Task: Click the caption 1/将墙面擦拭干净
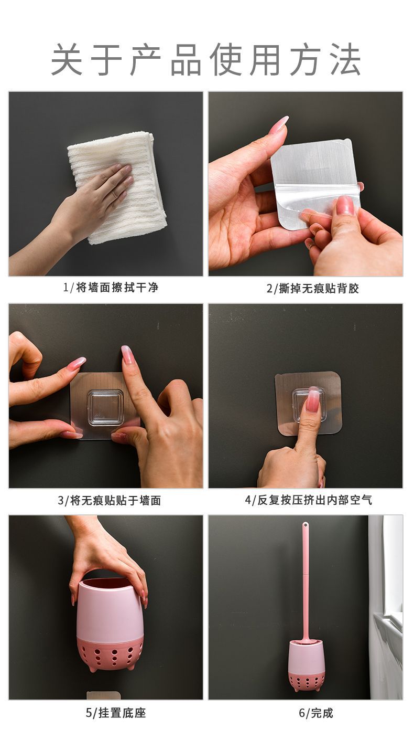[110, 288]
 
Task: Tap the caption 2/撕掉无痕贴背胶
[312, 288]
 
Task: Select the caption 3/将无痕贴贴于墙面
[109, 501]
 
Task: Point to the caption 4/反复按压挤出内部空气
[308, 500]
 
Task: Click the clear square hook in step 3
[105, 407]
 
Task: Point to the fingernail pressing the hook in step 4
[312, 401]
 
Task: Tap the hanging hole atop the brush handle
[305, 525]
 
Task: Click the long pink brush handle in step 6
[305, 577]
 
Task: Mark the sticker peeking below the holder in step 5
[103, 695]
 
